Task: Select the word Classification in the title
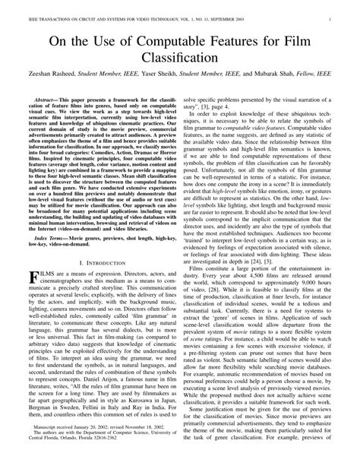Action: (x=180, y=56)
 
